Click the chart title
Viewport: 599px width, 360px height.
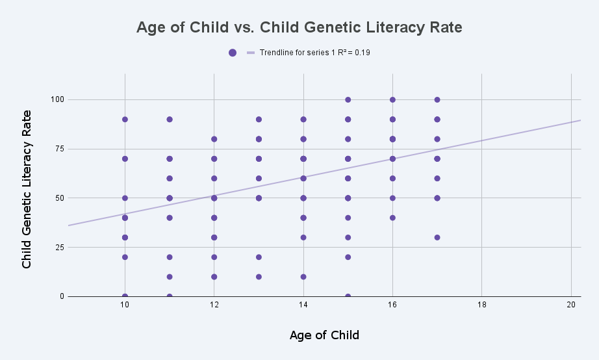[x=299, y=27]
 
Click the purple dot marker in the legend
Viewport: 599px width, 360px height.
[x=233, y=53]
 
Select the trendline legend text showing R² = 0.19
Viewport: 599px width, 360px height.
[x=315, y=53]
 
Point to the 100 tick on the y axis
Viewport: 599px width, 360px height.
[x=57, y=99]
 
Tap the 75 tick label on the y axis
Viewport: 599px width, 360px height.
[x=59, y=149]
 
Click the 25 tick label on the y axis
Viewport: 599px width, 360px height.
[x=59, y=248]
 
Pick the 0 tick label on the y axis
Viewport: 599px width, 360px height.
[x=62, y=296]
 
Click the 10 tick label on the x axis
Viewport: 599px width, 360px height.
[x=125, y=305]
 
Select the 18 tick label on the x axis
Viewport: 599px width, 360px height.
[x=481, y=305]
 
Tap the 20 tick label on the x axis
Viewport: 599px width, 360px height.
[x=571, y=305]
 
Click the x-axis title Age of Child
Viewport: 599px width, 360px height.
[x=324, y=335]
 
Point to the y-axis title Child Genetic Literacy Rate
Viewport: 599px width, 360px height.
[x=27, y=190]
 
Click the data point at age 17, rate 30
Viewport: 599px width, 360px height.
[x=437, y=237]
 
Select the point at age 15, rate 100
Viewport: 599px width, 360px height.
[x=348, y=99]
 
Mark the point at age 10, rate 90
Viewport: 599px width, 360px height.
[x=125, y=119]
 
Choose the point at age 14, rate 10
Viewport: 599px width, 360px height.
[x=303, y=277]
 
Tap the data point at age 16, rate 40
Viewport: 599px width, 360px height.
[x=392, y=218]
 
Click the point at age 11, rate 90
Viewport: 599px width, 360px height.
[x=170, y=119]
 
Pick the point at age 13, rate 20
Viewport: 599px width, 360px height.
[x=259, y=257]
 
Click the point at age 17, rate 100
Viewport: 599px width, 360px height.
[x=437, y=99]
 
